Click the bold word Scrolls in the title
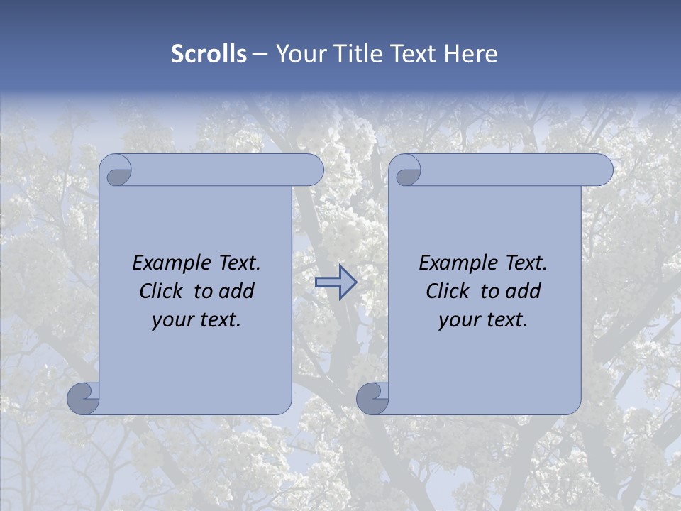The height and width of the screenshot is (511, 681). pyautogui.click(x=209, y=54)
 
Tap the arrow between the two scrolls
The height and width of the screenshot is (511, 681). pyautogui.click(x=336, y=282)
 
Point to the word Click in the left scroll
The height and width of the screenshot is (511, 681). pyautogui.click(x=162, y=291)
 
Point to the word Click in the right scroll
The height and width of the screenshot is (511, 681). pyautogui.click(x=449, y=291)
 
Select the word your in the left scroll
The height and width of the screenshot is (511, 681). pyautogui.click(x=172, y=320)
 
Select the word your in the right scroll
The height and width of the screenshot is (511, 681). pyautogui.click(x=458, y=320)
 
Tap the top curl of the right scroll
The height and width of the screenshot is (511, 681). pyautogui.click(x=406, y=171)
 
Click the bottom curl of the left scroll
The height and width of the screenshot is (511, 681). pyautogui.click(x=84, y=398)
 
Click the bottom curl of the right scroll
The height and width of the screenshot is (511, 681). pyautogui.click(x=372, y=398)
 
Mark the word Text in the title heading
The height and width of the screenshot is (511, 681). pyautogui.click(x=413, y=54)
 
